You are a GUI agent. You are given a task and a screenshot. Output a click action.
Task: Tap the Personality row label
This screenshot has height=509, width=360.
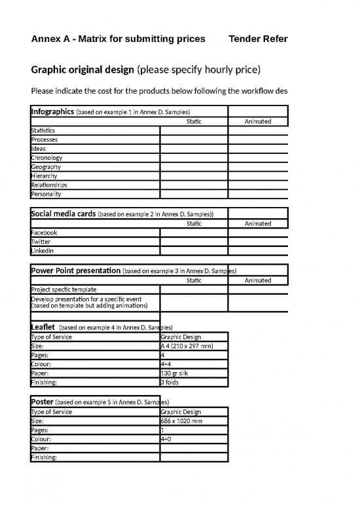pyautogui.click(x=46, y=194)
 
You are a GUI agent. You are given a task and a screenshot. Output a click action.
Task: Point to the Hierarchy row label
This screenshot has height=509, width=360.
pyautogui.click(x=45, y=176)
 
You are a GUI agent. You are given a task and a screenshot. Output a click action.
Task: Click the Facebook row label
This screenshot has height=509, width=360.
pyautogui.click(x=45, y=233)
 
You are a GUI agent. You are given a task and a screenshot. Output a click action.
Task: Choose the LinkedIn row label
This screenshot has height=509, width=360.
pyautogui.click(x=43, y=250)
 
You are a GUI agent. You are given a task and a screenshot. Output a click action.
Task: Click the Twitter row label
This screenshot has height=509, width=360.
pyautogui.click(x=41, y=242)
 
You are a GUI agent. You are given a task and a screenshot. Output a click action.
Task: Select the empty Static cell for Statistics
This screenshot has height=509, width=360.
pyautogui.click(x=194, y=130)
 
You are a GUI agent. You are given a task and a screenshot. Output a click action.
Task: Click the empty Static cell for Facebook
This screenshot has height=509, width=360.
pyautogui.click(x=194, y=233)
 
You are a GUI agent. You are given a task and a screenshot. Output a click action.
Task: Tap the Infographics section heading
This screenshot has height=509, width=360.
pyautogui.click(x=52, y=111)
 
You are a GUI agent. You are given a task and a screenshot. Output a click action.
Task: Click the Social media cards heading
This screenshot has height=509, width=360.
pyautogui.click(x=63, y=214)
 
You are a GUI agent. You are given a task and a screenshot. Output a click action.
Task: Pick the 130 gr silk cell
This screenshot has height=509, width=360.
pyautogui.click(x=175, y=373)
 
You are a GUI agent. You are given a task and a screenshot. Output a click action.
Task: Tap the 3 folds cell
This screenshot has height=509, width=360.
pyautogui.click(x=170, y=382)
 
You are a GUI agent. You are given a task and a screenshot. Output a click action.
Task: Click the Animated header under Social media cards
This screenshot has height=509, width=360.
pyautogui.click(x=257, y=223)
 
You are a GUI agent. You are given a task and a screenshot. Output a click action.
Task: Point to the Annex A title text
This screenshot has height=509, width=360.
pyautogui.click(x=118, y=39)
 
